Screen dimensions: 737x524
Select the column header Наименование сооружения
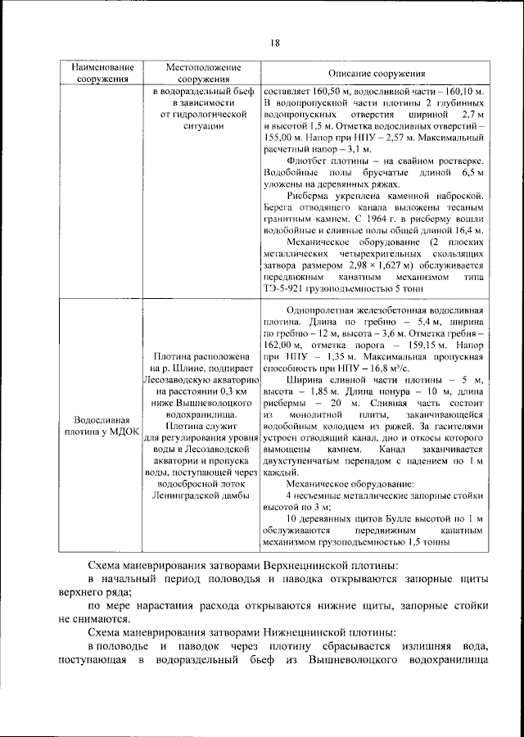tap(102, 72)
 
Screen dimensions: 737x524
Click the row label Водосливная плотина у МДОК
tap(102, 426)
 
